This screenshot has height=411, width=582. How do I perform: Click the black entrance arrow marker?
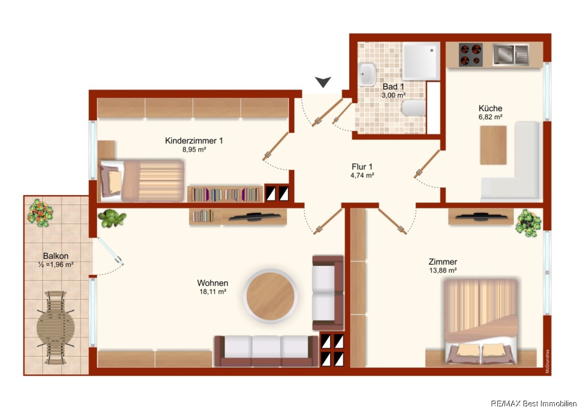tap(323, 82)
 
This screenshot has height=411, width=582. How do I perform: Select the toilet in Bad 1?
tap(414, 108)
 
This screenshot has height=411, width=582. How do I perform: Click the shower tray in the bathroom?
tap(421, 61)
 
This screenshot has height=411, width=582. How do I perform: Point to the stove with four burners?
tap(471, 54)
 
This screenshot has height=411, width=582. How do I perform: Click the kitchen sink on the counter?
tap(511, 54)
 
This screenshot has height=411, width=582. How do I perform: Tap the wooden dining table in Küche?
tap(493, 145)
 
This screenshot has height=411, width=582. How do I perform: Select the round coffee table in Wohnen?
tap(270, 296)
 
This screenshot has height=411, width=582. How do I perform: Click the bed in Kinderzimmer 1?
tap(141, 180)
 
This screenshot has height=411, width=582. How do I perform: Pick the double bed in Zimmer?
tap(481, 321)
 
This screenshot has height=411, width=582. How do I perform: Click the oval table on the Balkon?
tap(55, 328)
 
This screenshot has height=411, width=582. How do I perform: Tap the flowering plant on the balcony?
tap(40, 213)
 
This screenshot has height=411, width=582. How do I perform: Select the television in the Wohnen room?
tap(255, 216)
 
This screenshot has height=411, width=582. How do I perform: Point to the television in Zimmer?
tap(481, 217)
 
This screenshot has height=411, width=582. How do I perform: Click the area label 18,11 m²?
tap(213, 292)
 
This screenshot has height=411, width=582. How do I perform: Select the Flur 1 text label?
tap(362, 166)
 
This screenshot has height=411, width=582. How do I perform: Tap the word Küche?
tap(491, 108)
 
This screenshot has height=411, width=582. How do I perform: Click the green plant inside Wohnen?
tap(112, 218)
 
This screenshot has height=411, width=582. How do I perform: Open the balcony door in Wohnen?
tap(110, 251)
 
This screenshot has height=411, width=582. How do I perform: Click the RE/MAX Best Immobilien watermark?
tap(534, 404)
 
